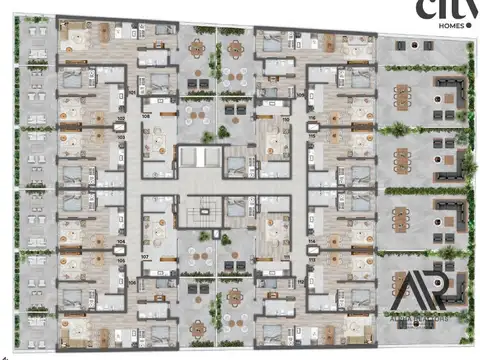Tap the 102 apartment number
coord(121,118)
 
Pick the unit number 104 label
coord(121,241)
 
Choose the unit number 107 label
coord(145,257)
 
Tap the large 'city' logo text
coord(440,10)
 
